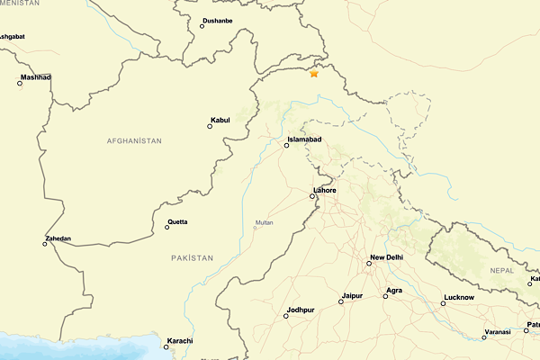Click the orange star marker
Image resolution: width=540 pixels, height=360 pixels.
[x=314, y=73]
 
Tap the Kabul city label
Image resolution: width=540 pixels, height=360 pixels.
[x=220, y=120]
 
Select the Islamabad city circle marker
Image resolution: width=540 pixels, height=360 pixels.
[x=286, y=145]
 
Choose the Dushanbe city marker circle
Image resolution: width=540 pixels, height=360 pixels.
[x=202, y=26]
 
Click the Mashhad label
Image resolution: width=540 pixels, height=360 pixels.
[x=35, y=77]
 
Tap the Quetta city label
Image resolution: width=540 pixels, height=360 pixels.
[x=178, y=221]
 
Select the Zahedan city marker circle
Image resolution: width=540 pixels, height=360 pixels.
[x=44, y=244]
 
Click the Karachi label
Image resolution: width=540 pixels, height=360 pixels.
[x=179, y=340]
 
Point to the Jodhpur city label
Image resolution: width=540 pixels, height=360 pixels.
[x=301, y=310]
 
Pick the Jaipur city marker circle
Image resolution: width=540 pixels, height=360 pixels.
[x=340, y=302]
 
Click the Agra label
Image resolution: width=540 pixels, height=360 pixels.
[x=393, y=290]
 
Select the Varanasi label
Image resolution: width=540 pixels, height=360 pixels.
[x=497, y=331]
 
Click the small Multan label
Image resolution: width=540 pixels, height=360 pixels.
[x=264, y=221]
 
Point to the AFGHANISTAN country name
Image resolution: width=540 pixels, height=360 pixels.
[x=134, y=141]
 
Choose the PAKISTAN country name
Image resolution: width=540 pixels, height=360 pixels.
[x=193, y=258]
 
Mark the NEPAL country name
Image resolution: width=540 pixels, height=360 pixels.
[x=502, y=270]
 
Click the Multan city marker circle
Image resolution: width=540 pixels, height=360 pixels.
[x=255, y=227]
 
